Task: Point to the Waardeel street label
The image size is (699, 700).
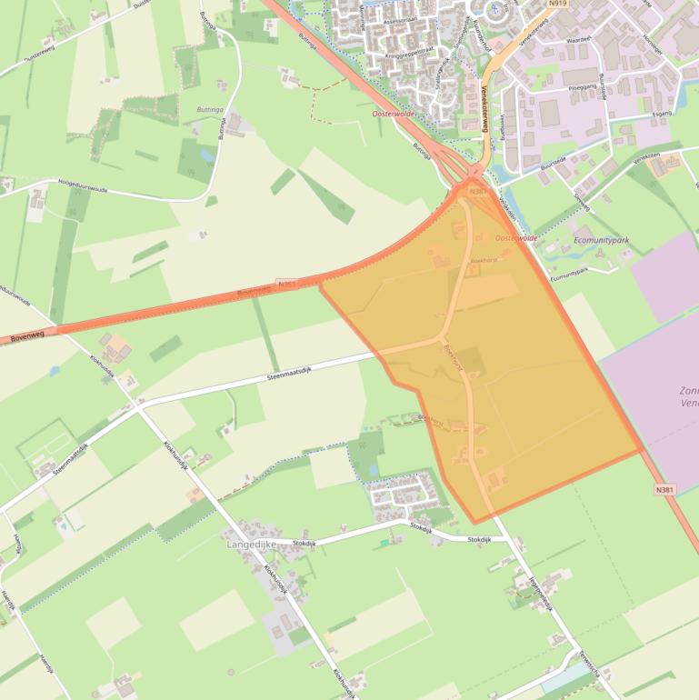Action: point(579,41)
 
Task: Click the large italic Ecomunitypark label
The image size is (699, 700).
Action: point(602,241)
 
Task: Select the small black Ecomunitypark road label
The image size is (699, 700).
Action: point(570,274)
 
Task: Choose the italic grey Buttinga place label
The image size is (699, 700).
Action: point(210,109)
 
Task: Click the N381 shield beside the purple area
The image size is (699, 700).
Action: point(664,489)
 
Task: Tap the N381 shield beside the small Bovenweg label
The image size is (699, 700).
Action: point(286,284)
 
